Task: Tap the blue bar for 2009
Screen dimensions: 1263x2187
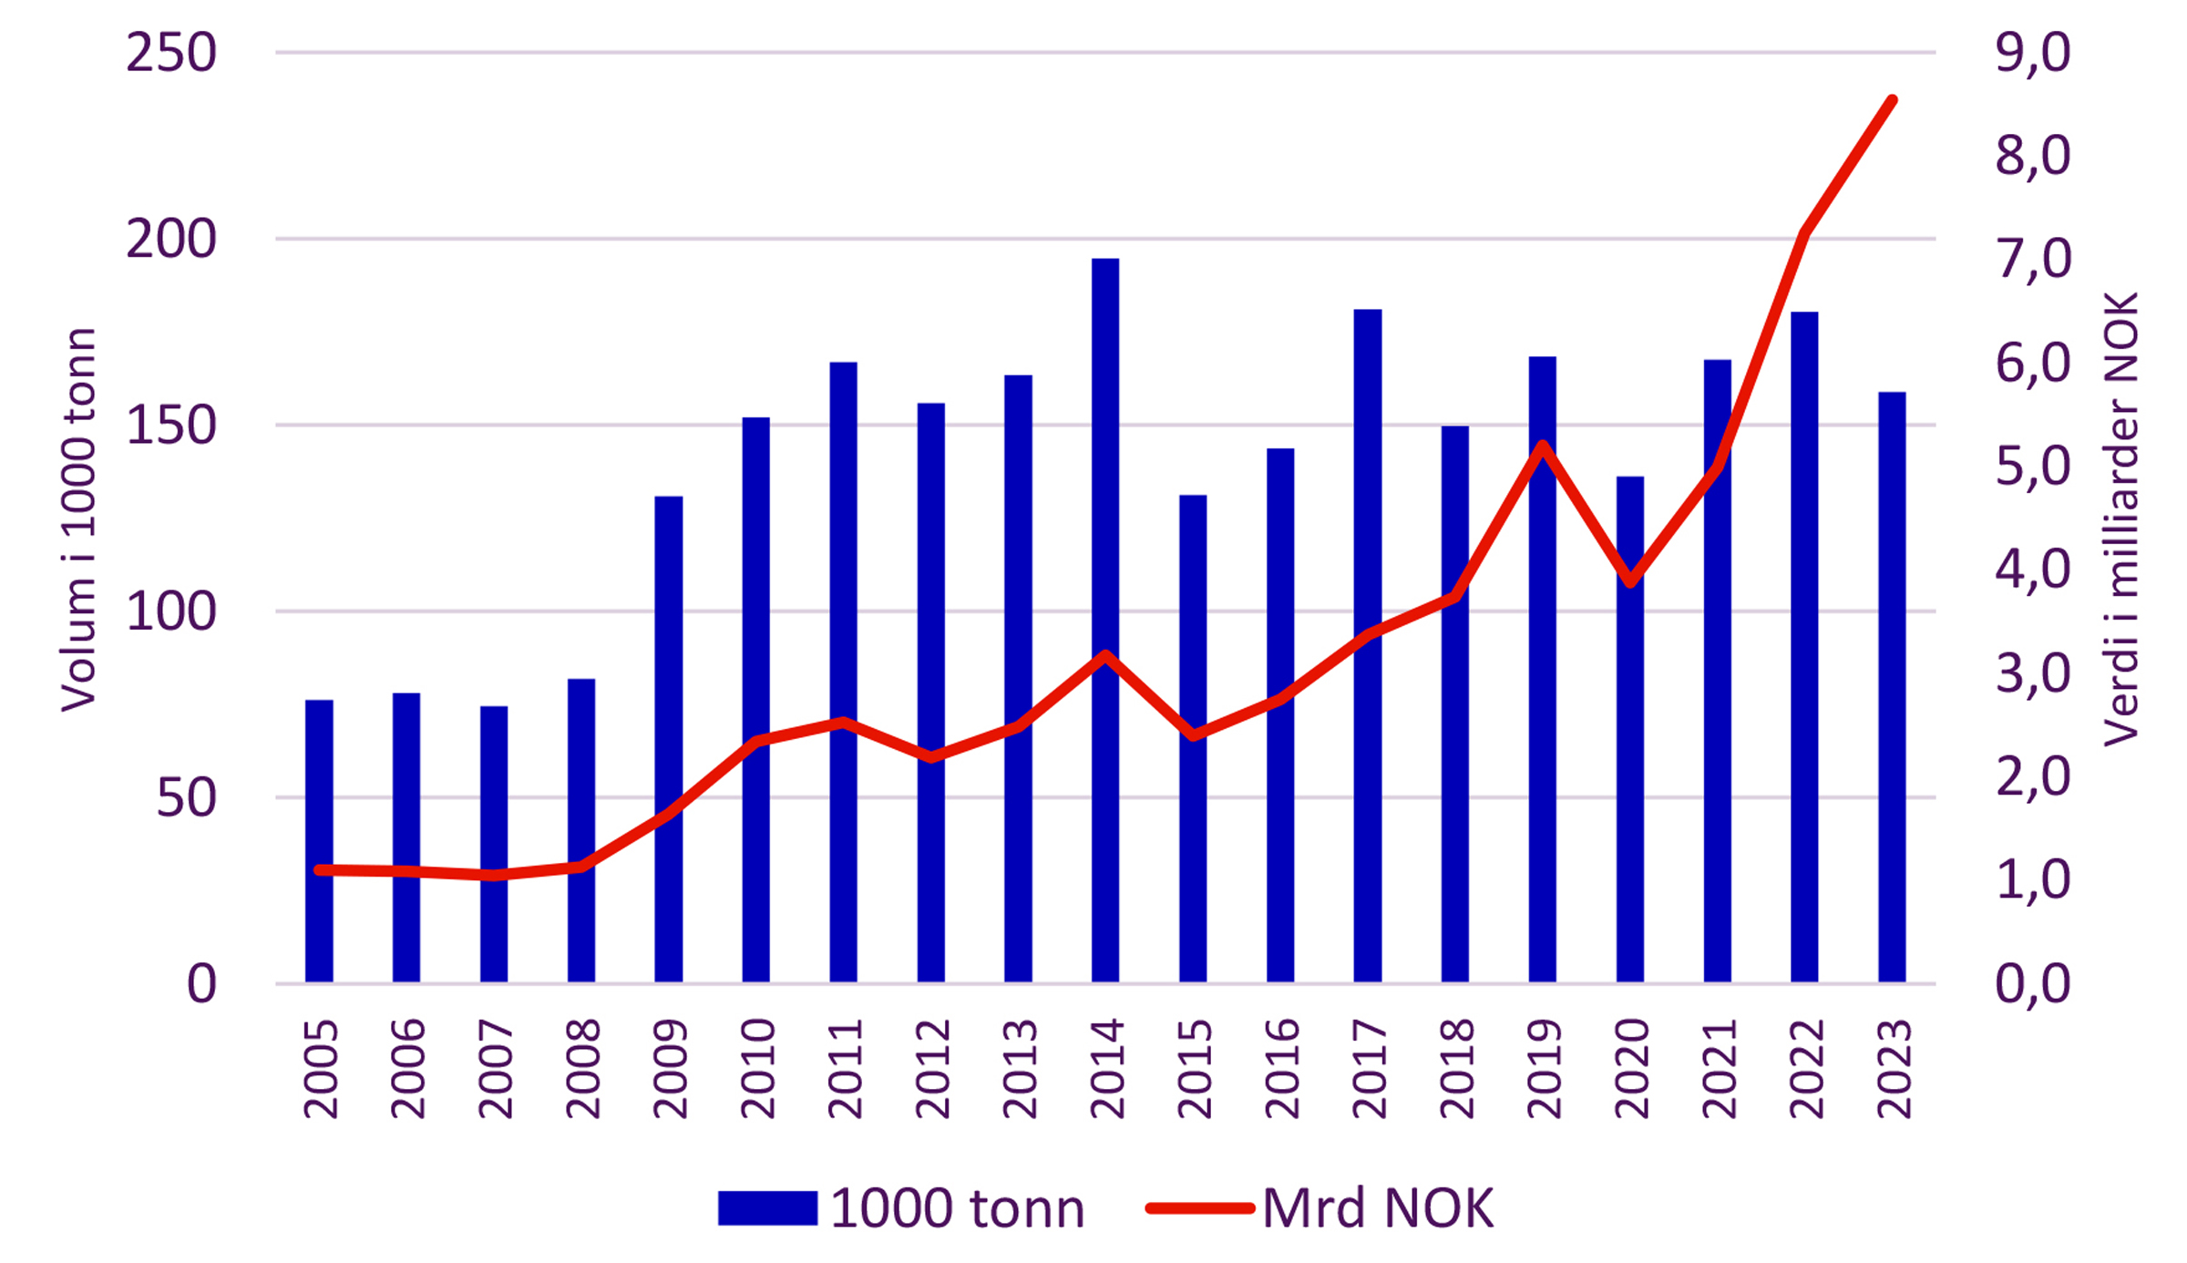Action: pos(668,738)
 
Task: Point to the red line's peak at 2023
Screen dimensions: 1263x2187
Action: pos(1893,100)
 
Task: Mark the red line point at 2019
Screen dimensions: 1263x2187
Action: pos(1542,446)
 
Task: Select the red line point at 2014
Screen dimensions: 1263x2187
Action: pos(1104,655)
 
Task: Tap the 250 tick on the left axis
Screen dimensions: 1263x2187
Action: pos(171,53)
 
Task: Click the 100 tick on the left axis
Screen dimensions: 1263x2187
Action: pos(171,611)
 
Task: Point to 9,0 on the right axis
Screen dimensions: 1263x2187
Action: pos(2033,53)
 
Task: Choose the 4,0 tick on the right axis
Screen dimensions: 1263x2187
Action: pos(2033,570)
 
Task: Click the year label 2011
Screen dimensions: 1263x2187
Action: pos(845,1069)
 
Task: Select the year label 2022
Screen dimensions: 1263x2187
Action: pos(1806,1069)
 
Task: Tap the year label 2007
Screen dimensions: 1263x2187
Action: pos(495,1069)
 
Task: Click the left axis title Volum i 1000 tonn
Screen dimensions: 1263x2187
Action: pos(77,519)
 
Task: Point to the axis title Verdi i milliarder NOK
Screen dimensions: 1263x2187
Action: pos(2120,519)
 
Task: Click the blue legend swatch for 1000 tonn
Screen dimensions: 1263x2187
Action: pos(767,1208)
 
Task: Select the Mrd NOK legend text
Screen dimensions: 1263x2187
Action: pos(1378,1208)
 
